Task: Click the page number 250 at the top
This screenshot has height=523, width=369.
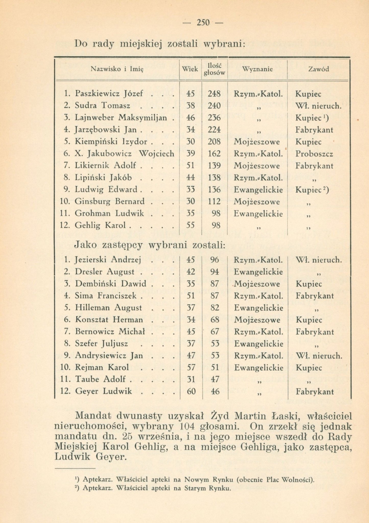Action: point(203,23)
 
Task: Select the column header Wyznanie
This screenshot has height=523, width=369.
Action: point(257,69)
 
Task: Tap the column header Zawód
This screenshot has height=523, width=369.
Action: point(318,69)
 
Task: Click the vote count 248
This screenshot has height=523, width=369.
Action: point(214,94)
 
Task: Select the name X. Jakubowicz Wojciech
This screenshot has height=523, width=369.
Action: point(124,154)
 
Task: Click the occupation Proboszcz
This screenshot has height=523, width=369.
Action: point(314,154)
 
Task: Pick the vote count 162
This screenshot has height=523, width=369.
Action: point(214,154)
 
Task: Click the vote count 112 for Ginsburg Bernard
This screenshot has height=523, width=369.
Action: point(214,202)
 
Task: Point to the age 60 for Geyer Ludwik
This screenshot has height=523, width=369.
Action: point(191,391)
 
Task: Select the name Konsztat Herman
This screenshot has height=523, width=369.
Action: point(109,320)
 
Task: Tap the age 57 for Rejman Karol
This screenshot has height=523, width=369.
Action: point(191,367)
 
